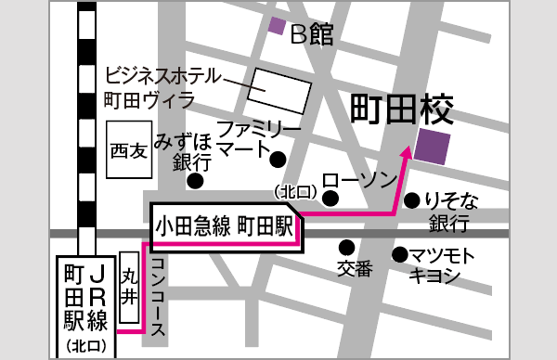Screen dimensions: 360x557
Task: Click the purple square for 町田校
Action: click(x=434, y=147)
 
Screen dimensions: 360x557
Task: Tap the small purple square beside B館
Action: click(x=277, y=26)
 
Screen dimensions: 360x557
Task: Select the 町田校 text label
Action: click(x=402, y=109)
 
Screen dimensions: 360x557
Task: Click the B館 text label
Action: click(x=311, y=34)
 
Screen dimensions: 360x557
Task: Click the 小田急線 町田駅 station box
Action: click(x=224, y=225)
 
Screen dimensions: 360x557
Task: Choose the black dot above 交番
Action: click(x=346, y=248)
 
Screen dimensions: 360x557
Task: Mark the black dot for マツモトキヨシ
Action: click(x=399, y=253)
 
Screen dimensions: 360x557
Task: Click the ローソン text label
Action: click(x=360, y=180)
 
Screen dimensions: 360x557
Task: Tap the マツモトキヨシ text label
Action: click(x=444, y=265)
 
